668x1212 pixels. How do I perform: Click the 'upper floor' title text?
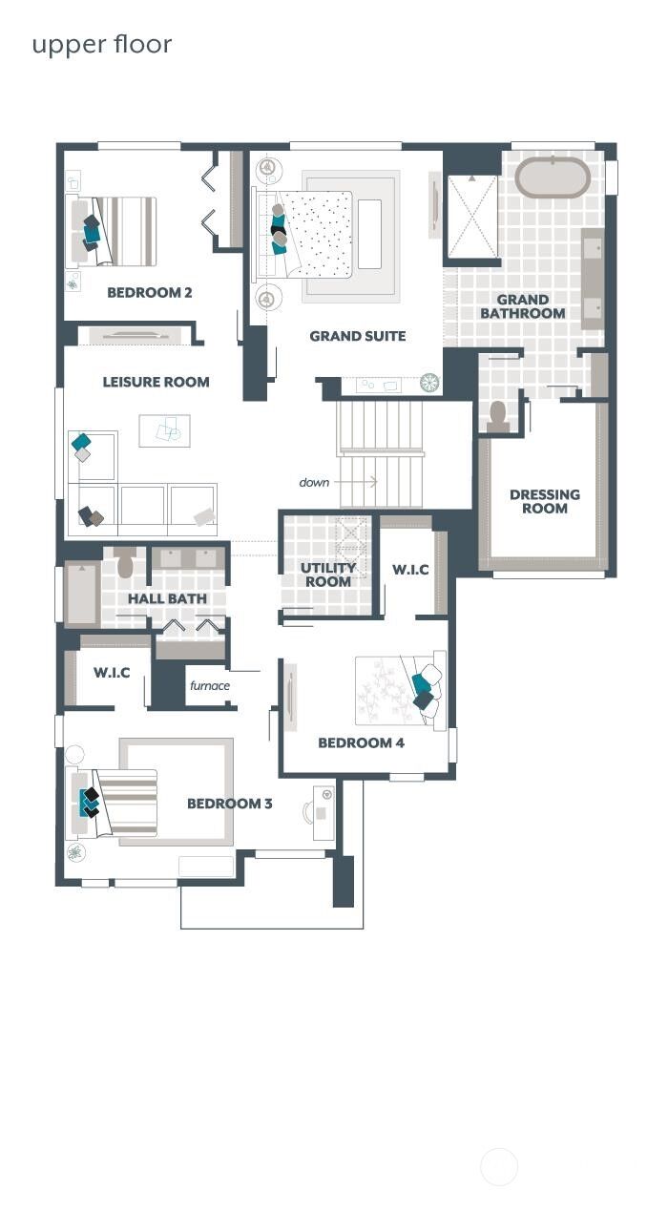coord(102,45)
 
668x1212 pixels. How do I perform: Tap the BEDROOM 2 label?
coord(149,293)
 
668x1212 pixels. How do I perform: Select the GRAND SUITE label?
coord(357,336)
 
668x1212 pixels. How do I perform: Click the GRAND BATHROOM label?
coord(522,306)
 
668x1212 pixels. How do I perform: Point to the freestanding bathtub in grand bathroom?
coord(553,178)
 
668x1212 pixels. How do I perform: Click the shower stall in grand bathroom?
coord(472,216)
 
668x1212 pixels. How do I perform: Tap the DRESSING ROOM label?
coord(544,501)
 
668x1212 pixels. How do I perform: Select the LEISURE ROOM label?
coord(156,382)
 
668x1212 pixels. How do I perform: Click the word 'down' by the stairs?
coord(314,482)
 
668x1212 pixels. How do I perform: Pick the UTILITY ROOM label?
coord(328,575)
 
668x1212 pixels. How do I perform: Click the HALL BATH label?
coord(167,598)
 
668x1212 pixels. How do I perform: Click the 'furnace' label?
coord(209,685)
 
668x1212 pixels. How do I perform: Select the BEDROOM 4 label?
coord(355,742)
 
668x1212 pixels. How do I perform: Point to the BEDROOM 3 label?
coord(229,804)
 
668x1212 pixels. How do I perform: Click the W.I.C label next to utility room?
coord(410,570)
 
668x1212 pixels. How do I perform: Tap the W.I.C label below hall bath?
coord(112,673)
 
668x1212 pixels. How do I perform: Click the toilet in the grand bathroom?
coord(497,414)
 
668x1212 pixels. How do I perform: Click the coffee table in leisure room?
coord(164,430)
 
